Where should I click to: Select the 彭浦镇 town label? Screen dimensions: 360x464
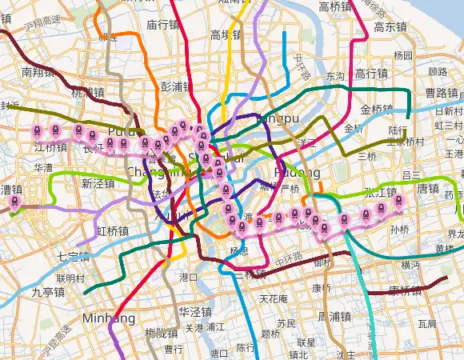coord(177,86)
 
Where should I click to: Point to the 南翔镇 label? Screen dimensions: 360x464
coord(37,72)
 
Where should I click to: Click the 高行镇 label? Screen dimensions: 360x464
coord(371,73)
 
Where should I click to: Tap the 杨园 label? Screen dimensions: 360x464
coord(403,56)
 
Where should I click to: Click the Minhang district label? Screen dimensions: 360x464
coord(108,318)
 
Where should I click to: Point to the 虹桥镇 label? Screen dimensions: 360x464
coord(113,231)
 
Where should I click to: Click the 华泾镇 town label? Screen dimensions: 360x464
coord(194,311)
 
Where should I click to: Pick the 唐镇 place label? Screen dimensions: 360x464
coord(429,189)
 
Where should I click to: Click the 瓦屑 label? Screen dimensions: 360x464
coord(426,324)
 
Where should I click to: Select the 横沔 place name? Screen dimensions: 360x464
coord(410,264)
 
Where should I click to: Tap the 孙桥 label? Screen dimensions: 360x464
coord(399,229)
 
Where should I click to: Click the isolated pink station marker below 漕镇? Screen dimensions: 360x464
coord(14,205)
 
